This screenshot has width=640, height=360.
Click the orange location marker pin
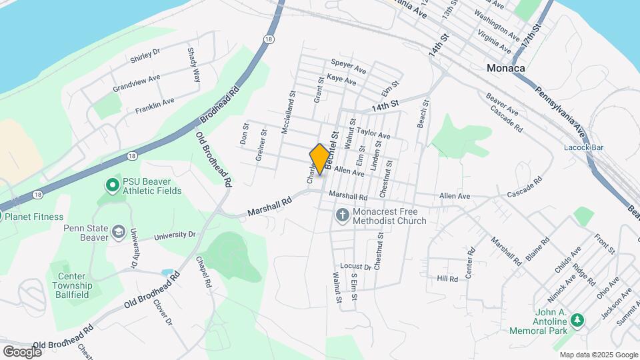[x=320, y=159]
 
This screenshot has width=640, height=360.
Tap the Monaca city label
[x=505, y=68]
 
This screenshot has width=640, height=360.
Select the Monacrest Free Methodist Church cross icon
[x=342, y=215]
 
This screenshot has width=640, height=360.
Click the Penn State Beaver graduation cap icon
[x=119, y=231]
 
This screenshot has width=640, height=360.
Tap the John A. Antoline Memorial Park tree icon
[x=577, y=321]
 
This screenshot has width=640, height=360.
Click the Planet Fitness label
[x=33, y=217]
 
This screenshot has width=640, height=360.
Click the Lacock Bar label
[x=583, y=147]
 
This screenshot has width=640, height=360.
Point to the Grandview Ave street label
[x=137, y=83]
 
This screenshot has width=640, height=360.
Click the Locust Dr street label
[x=355, y=266]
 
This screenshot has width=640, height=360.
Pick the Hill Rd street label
[x=447, y=278]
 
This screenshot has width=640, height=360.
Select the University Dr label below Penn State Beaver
[x=175, y=235]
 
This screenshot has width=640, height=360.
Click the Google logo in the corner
[x=22, y=351]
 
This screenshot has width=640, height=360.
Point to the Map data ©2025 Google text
[x=598, y=355]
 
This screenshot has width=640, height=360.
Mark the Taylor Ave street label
[x=373, y=133]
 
